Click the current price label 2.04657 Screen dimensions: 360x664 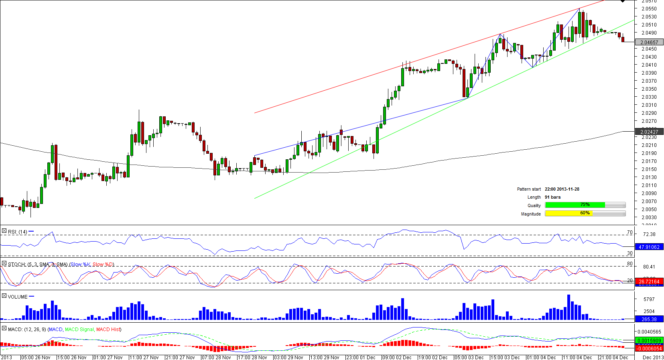click(649, 42)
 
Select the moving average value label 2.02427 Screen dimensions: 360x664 click(649, 132)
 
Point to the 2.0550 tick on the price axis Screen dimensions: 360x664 click(649, 9)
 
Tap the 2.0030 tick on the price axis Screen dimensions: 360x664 click(649, 218)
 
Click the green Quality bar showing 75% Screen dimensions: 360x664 click(575, 205)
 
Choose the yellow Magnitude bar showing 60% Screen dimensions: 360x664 click(569, 214)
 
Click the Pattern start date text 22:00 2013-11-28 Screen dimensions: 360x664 click(562, 189)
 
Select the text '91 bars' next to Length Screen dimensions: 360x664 click(552, 197)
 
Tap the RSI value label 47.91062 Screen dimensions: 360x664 click(649, 247)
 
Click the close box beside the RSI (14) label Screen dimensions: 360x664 click(4, 231)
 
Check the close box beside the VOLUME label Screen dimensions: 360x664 click(4, 296)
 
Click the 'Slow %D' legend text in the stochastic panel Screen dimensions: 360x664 click(103, 264)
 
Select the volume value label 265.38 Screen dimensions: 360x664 click(649, 319)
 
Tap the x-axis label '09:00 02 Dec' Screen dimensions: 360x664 click(396, 357)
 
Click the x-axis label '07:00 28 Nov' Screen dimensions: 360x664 click(216, 357)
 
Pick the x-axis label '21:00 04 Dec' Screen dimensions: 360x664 click(613, 357)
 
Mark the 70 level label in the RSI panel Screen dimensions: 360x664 click(629, 232)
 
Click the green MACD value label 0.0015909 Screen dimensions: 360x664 click(649, 341)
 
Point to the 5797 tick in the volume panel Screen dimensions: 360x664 click(649, 299)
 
